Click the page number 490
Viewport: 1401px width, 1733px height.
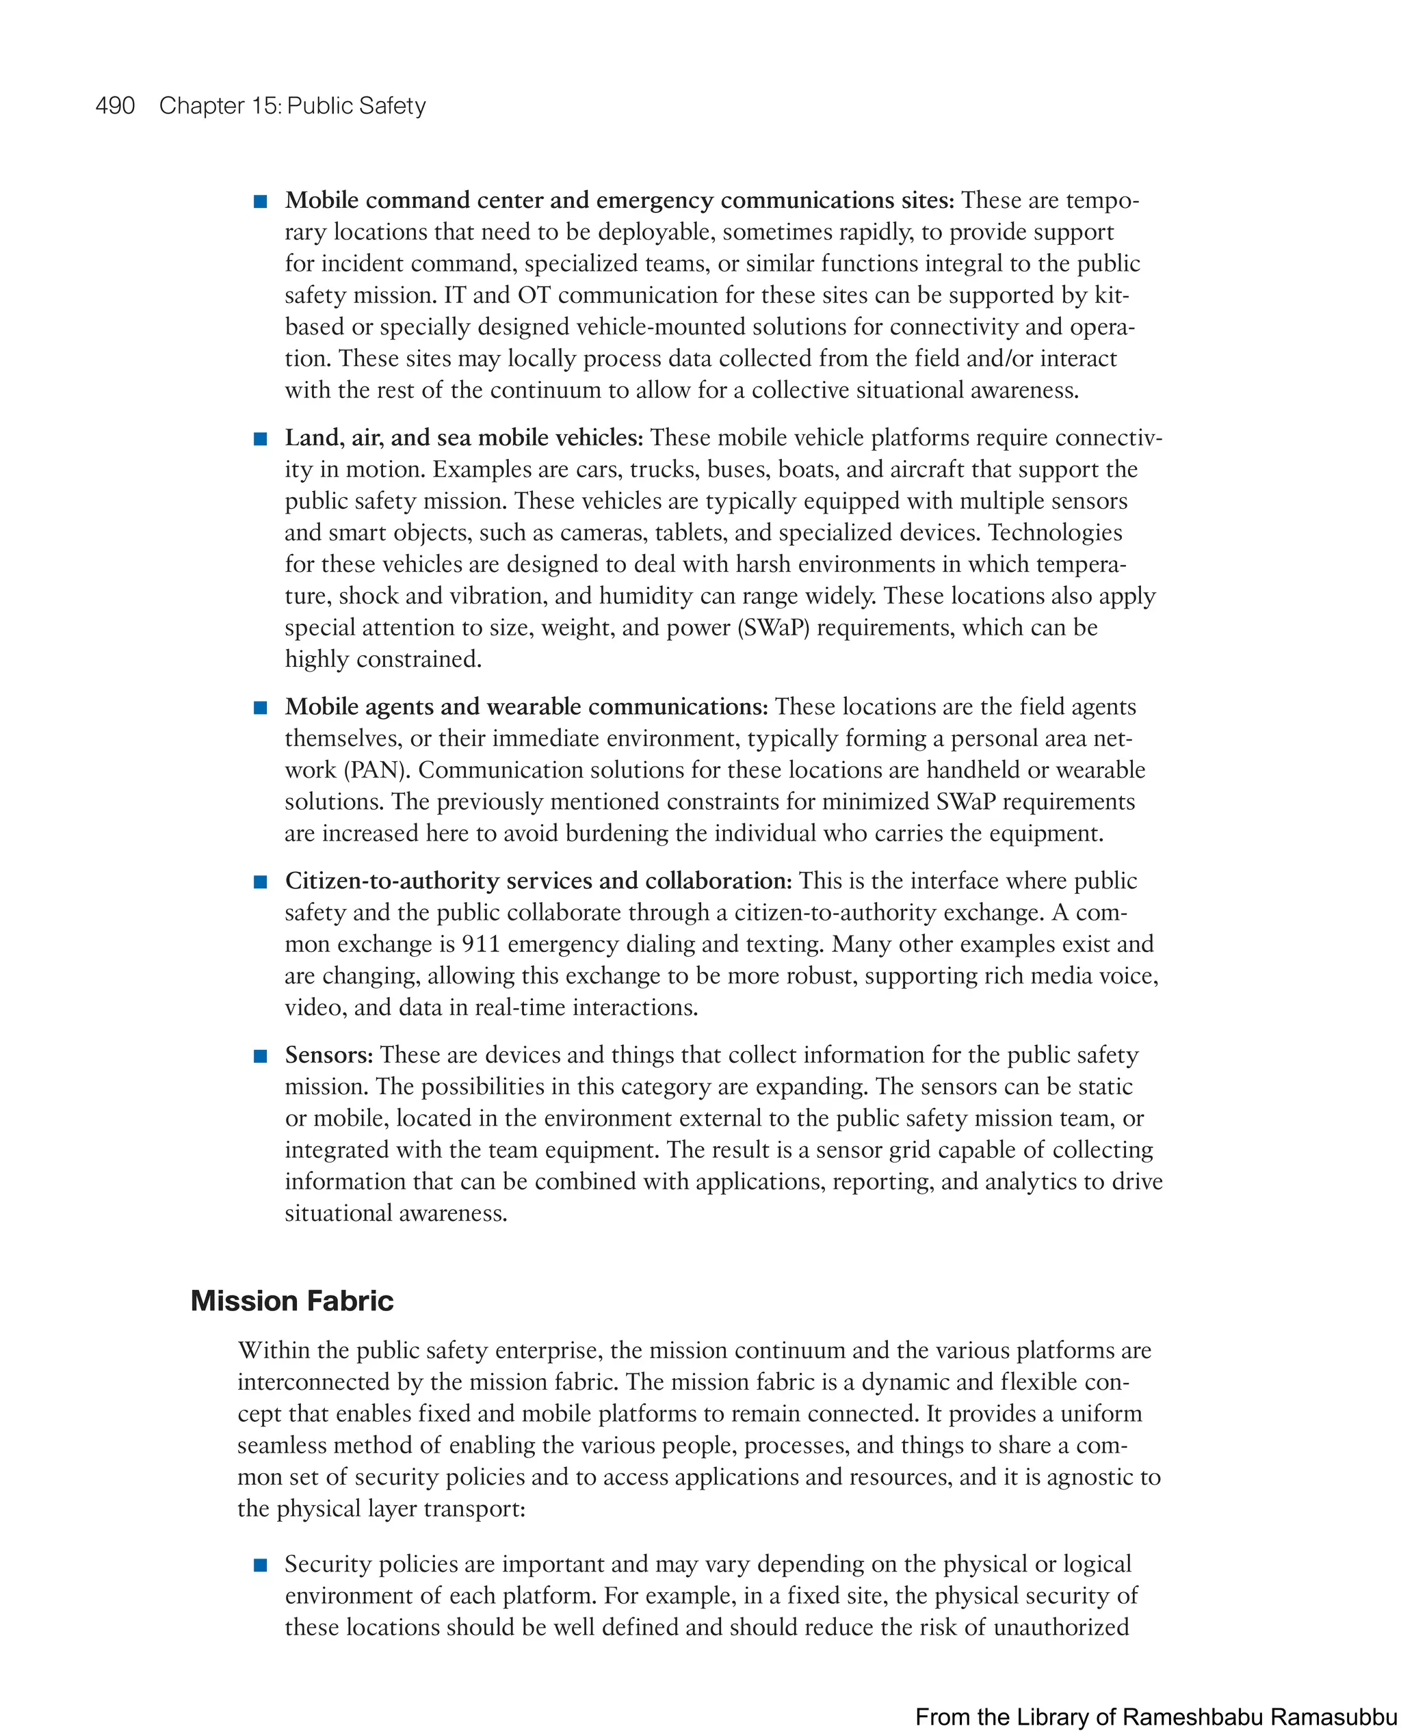pyautogui.click(x=115, y=106)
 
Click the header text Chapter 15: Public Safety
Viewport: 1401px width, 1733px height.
pyautogui.click(x=292, y=106)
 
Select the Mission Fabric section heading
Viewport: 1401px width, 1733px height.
pyautogui.click(x=291, y=1301)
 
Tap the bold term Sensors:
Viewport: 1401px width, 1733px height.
pyautogui.click(x=328, y=1055)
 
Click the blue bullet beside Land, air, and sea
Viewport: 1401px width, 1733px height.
pyautogui.click(x=261, y=439)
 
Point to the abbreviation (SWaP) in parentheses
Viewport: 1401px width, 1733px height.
pyautogui.click(x=772, y=628)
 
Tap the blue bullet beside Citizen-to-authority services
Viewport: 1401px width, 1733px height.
pyautogui.click(x=261, y=882)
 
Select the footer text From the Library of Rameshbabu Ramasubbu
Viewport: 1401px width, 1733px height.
pyautogui.click(x=1155, y=1717)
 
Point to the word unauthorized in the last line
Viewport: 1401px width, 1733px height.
pyautogui.click(x=1060, y=1627)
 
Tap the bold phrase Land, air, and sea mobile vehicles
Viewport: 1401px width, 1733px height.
pyautogui.click(x=463, y=438)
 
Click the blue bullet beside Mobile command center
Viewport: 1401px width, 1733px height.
pyautogui.click(x=261, y=202)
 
